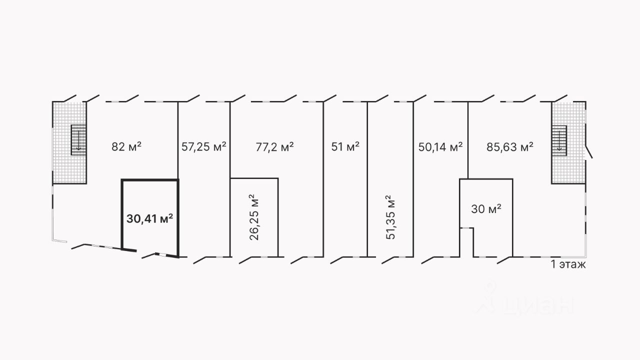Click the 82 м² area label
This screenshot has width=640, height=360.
(126, 146)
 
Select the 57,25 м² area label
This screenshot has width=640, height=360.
(203, 146)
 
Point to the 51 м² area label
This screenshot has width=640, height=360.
(345, 146)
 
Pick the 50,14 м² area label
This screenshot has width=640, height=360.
(440, 146)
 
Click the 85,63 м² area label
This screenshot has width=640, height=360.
(509, 146)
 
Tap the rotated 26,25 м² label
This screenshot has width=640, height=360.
(254, 217)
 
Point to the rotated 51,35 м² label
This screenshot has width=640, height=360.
(391, 217)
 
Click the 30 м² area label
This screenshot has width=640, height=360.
(486, 209)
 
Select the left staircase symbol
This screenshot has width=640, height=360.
(78, 140)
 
